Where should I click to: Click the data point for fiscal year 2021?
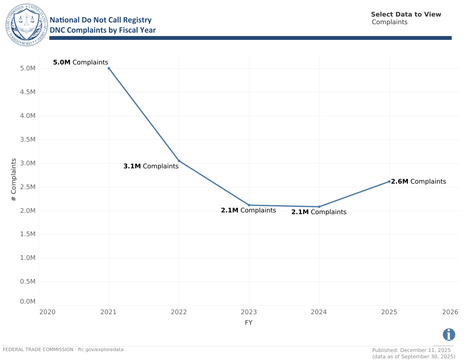point(109,68)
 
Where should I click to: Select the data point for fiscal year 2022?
point(179,161)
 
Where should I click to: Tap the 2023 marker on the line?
point(249,205)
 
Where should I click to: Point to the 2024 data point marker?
point(319,207)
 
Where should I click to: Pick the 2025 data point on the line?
point(389,181)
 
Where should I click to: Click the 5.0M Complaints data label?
point(81,62)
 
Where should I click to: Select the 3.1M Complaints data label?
point(151,166)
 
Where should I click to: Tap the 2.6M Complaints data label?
point(419,181)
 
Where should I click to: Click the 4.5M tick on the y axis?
point(28,92)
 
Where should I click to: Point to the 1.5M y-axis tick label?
point(28,234)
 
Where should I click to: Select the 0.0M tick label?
point(28,301)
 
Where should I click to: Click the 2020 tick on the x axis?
point(47,312)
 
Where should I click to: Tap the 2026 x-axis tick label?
point(450,312)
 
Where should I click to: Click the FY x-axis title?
point(249,323)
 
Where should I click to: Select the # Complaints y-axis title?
point(14,180)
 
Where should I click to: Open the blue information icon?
point(449,335)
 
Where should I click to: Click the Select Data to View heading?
point(406,14)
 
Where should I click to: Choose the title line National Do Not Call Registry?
point(100,20)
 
